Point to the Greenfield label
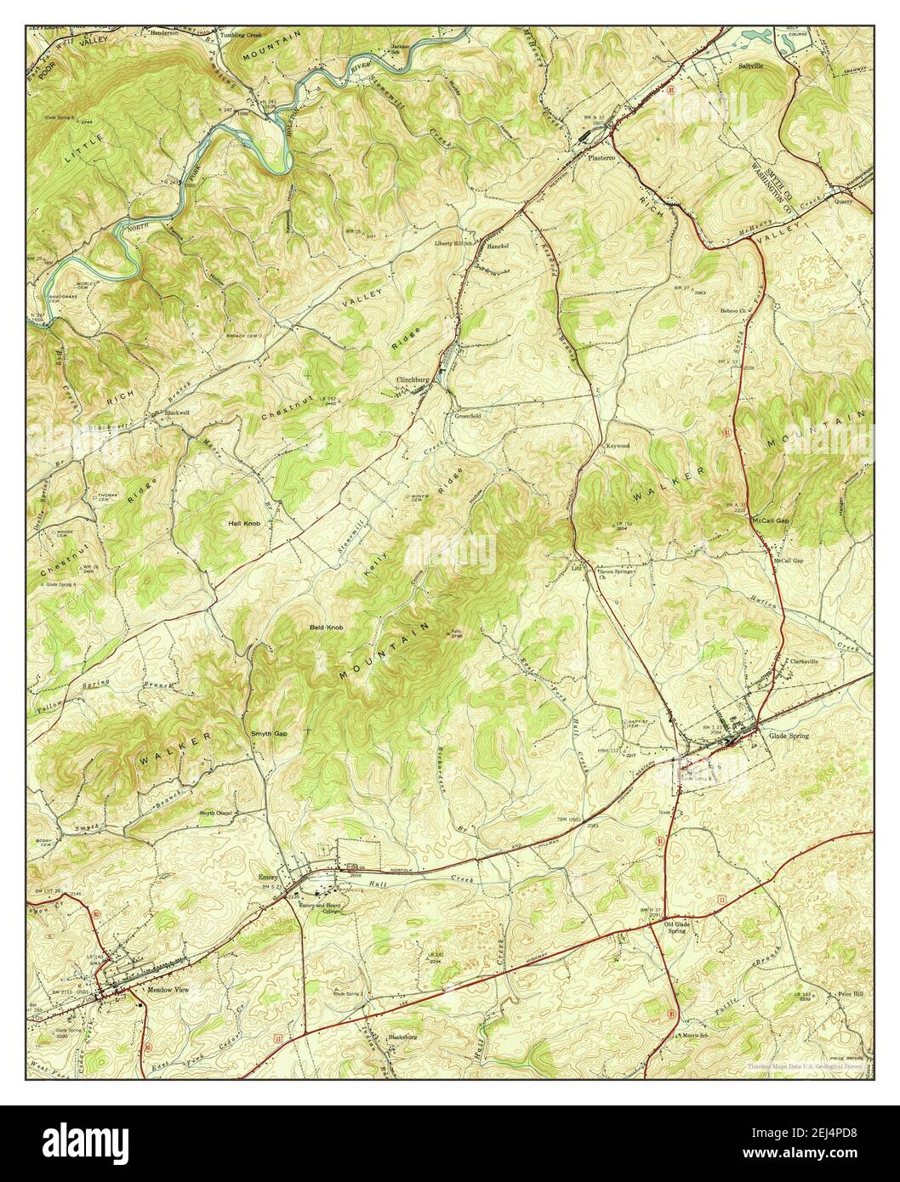pyautogui.click(x=466, y=417)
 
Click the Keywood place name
pyautogui.click(x=617, y=446)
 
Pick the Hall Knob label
pyautogui.click(x=244, y=524)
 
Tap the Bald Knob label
pyautogui.click(x=326, y=628)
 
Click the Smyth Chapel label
pyautogui.click(x=216, y=813)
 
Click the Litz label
pyautogui.click(x=575, y=564)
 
